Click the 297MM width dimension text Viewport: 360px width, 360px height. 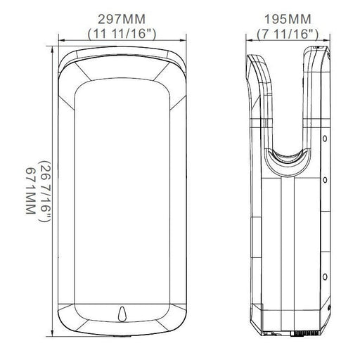point(122,19)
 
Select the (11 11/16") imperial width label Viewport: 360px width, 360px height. point(122,34)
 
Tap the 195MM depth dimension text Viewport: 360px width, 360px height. point(288,19)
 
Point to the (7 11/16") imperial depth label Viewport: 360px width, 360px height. point(288,34)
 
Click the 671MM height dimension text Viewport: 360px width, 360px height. point(30,191)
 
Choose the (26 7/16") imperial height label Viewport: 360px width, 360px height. point(44,191)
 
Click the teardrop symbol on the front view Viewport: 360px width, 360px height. point(122,314)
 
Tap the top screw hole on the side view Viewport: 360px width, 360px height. point(325,139)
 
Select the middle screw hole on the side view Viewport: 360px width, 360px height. point(325,180)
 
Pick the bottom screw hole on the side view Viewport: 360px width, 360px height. point(325,277)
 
